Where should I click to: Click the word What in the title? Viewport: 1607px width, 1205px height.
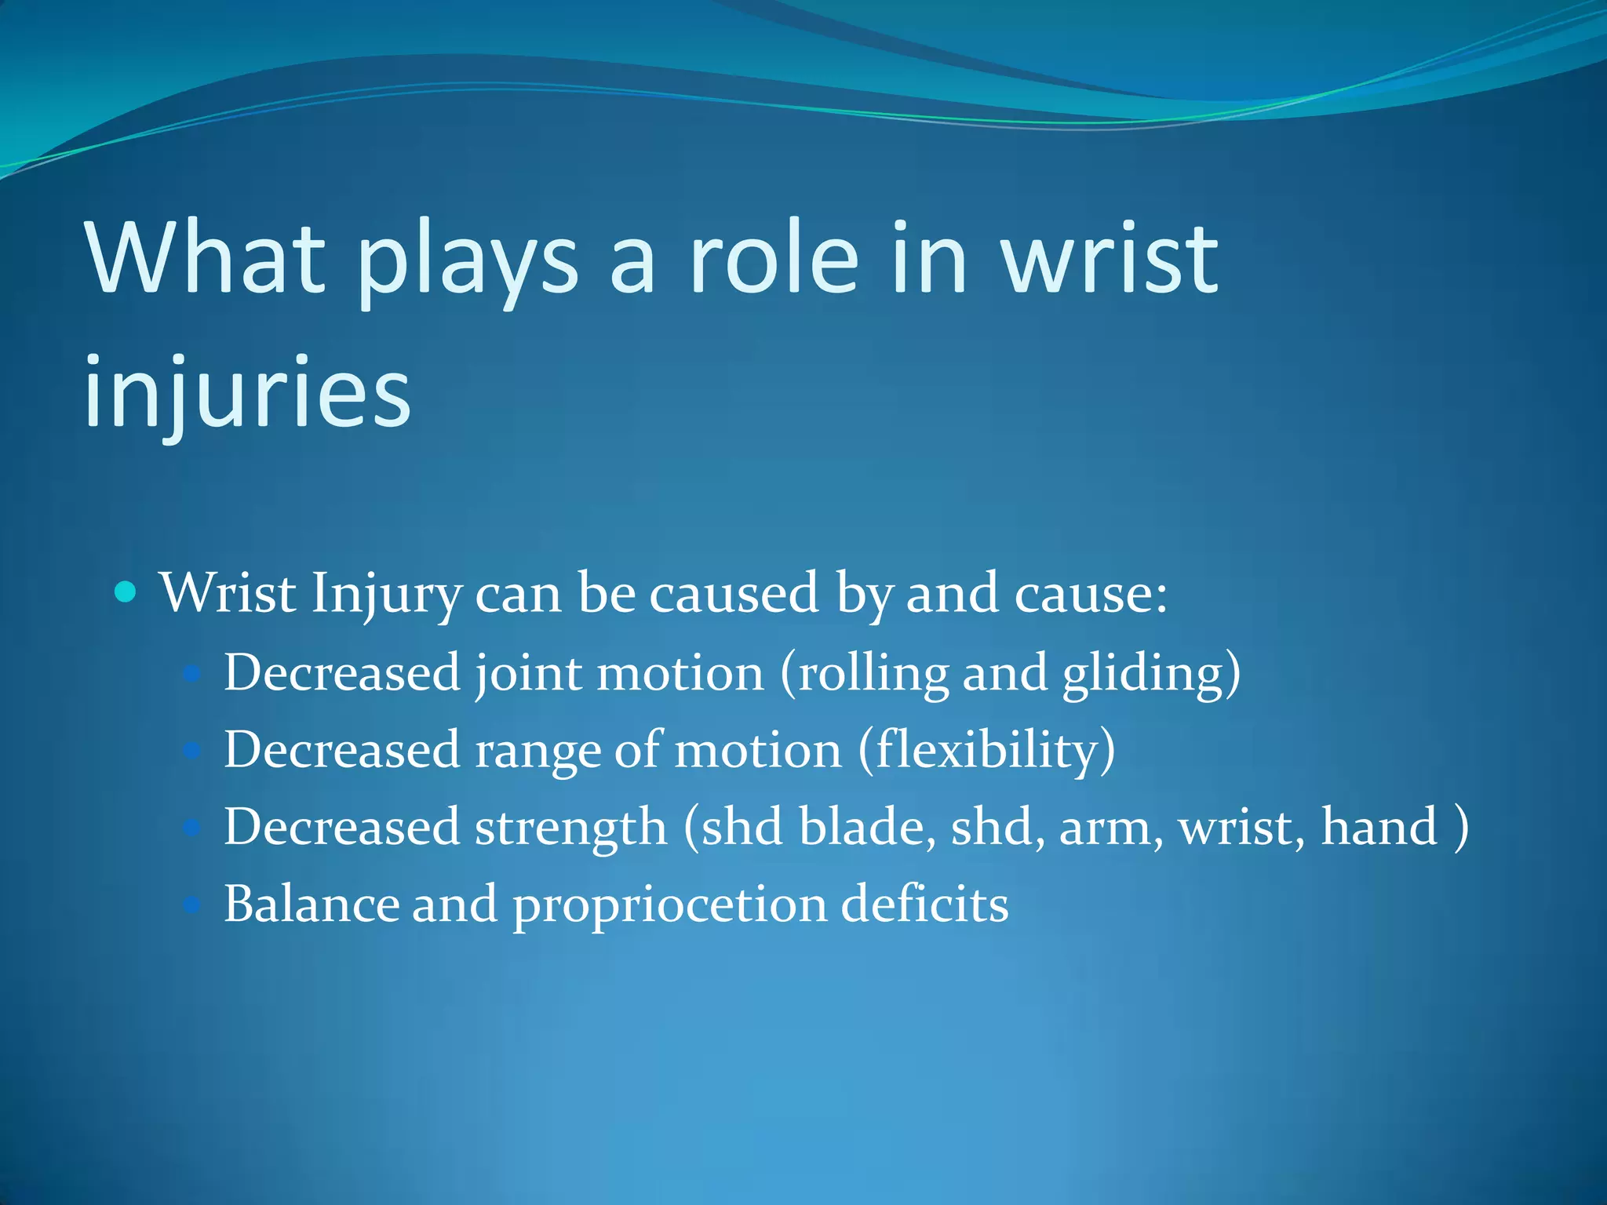(206, 259)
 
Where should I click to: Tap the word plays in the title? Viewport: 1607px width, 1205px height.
(468, 263)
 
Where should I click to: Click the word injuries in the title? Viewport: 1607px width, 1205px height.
(247, 392)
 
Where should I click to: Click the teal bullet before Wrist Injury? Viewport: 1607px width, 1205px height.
(126, 591)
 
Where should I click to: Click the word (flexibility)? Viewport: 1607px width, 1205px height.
(986, 751)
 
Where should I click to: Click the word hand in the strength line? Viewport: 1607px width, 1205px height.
(1379, 827)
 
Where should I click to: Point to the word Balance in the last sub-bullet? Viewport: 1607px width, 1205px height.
(311, 904)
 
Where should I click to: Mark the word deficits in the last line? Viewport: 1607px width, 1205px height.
(924, 904)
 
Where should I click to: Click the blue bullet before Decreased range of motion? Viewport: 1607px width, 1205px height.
(192, 751)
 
